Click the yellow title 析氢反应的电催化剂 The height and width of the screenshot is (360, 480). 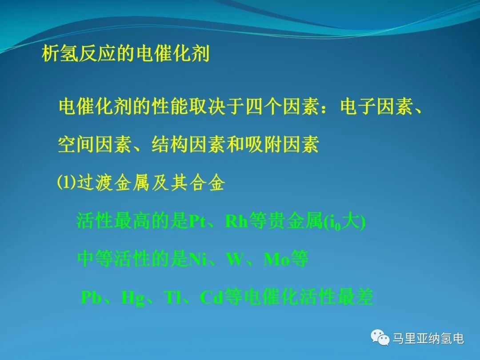click(x=125, y=54)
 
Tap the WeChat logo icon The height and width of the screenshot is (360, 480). click(x=380, y=337)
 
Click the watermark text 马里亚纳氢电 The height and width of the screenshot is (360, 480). click(x=428, y=338)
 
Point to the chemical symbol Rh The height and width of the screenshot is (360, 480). click(x=236, y=221)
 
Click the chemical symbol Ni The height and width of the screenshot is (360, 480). click(x=198, y=259)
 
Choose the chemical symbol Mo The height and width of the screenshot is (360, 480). click(x=276, y=259)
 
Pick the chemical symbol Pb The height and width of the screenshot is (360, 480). click(x=91, y=297)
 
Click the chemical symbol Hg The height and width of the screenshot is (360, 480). click(x=133, y=297)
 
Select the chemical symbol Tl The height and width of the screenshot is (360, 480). click(x=173, y=297)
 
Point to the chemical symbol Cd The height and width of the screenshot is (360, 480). click(x=211, y=297)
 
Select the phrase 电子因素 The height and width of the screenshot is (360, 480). click(x=376, y=107)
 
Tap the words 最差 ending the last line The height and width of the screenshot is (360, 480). click(x=355, y=296)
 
